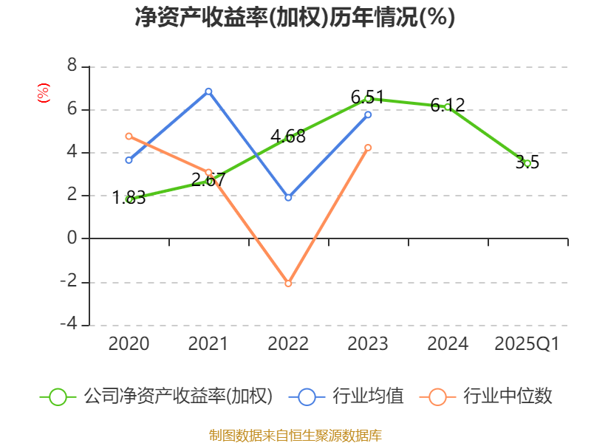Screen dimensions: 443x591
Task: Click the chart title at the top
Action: [295, 18]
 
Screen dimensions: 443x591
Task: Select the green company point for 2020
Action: [129, 199]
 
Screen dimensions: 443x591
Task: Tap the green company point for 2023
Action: [368, 98]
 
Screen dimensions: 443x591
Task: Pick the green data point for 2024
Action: [448, 107]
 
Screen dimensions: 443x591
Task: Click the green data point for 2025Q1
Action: [527, 163]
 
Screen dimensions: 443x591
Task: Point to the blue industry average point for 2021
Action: [208, 91]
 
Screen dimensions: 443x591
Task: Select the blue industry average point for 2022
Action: [288, 198]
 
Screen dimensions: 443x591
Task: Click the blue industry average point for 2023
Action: [368, 114]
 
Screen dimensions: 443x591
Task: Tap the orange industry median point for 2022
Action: [288, 284]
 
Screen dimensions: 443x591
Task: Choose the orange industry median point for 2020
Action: [129, 136]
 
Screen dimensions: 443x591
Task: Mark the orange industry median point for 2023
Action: [368, 148]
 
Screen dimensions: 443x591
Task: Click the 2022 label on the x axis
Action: [288, 344]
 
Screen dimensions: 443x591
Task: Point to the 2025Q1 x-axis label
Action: [527, 344]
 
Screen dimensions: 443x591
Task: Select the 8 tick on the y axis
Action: [72, 66]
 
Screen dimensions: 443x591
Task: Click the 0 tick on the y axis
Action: [72, 238]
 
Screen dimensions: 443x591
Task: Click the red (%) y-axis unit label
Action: [43, 93]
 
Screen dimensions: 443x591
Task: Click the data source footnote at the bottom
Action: [295, 435]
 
